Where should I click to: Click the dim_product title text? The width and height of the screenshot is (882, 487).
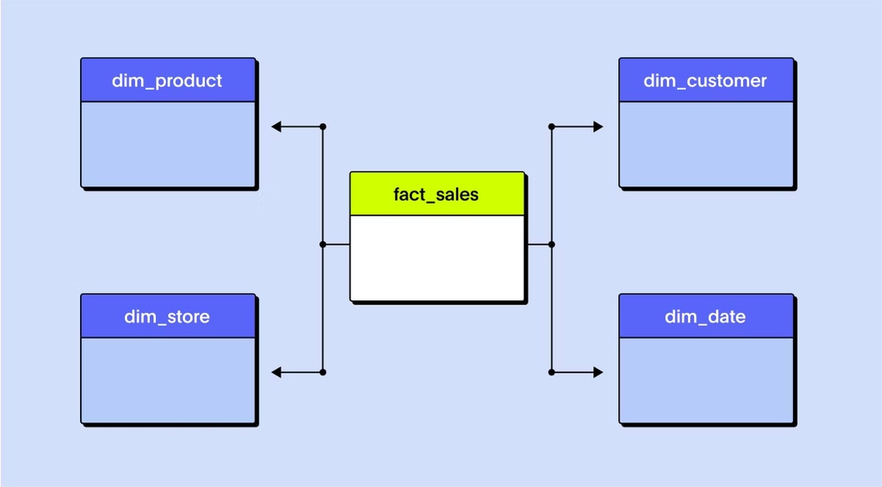[167, 81]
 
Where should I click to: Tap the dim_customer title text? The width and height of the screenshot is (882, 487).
[705, 81]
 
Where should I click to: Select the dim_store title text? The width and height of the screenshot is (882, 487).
[167, 317]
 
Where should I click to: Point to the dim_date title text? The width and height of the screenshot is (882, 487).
[705, 317]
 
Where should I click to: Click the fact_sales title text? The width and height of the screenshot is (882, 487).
[436, 195]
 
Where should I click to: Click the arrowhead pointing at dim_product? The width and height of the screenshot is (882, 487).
[276, 127]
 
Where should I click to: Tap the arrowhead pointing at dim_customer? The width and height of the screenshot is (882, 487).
[598, 127]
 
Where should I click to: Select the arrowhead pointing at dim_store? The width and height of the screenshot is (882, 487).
[276, 372]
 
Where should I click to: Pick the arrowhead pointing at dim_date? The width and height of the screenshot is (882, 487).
[598, 372]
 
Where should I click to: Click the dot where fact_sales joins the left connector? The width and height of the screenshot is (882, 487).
[323, 245]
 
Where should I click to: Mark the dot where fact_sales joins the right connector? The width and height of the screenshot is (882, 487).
[552, 245]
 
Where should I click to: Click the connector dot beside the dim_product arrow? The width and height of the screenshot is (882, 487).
[323, 127]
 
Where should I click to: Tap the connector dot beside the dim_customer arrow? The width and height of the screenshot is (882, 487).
[552, 127]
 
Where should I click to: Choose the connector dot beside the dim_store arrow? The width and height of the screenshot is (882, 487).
[323, 372]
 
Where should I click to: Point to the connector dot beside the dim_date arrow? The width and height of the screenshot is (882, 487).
[552, 372]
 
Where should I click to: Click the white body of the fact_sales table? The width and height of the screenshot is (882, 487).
[437, 258]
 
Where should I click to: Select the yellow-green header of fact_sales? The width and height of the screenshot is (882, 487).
[437, 193]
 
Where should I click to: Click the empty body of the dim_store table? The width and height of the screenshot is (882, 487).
[168, 380]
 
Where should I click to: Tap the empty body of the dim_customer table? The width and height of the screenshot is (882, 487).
[706, 144]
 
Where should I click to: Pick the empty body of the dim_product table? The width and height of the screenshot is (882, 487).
[168, 144]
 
